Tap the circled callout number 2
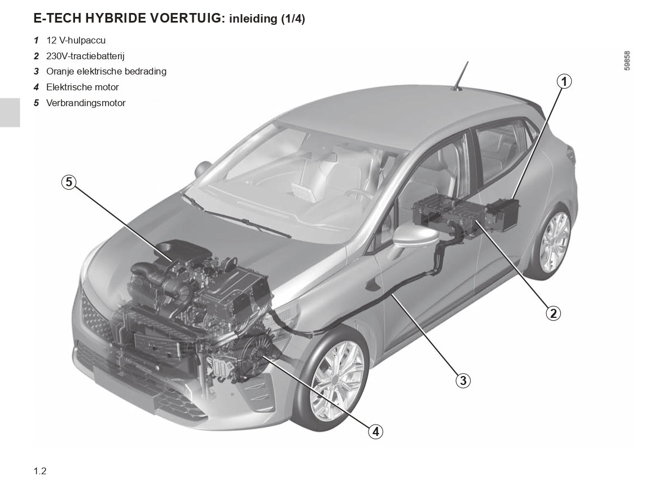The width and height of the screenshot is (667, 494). coord(552,313)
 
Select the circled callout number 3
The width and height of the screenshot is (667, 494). coord(463,380)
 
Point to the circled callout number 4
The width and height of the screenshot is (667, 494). coord(376,432)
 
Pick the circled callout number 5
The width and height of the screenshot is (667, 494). coord(69,182)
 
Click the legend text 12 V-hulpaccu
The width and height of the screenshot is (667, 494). coord(76,40)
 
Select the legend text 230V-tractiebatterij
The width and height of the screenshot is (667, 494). coord(85,56)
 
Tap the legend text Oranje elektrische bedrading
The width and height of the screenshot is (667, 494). coord(106,72)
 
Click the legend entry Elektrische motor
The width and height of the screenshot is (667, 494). coord(82,88)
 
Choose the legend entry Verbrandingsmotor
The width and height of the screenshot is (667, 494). coord(86,103)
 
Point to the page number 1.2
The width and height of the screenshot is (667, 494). coord(40,471)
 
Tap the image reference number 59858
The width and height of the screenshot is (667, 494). coord(627,60)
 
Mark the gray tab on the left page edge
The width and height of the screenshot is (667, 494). coord(10,112)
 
